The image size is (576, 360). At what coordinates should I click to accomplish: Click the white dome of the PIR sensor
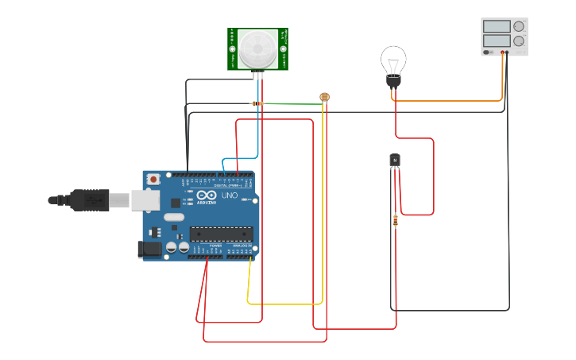point(257,48)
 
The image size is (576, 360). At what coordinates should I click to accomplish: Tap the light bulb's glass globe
point(393,60)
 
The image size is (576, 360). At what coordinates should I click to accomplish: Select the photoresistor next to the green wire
point(324,97)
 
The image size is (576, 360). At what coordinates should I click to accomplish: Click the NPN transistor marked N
point(395,161)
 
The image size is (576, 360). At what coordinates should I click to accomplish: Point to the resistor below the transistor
point(396,220)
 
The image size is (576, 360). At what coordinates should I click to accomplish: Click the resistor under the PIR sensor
point(257,103)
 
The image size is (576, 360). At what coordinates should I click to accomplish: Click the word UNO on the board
point(229,195)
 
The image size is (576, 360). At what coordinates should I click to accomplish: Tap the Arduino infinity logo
point(207,195)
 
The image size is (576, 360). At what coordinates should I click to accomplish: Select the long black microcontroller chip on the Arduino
point(221,234)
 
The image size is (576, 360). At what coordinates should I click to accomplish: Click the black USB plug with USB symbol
point(89,199)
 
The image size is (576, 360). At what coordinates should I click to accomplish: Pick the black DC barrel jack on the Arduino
point(150,250)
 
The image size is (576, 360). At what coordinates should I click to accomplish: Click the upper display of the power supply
point(497,26)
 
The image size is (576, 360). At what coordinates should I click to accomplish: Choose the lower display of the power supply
point(497,41)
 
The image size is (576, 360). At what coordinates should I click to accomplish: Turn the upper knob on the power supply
point(519,26)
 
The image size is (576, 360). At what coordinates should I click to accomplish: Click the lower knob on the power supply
point(519,41)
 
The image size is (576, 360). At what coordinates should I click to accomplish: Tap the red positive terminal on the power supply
point(503,52)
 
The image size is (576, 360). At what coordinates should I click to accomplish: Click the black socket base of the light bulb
point(393,80)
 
